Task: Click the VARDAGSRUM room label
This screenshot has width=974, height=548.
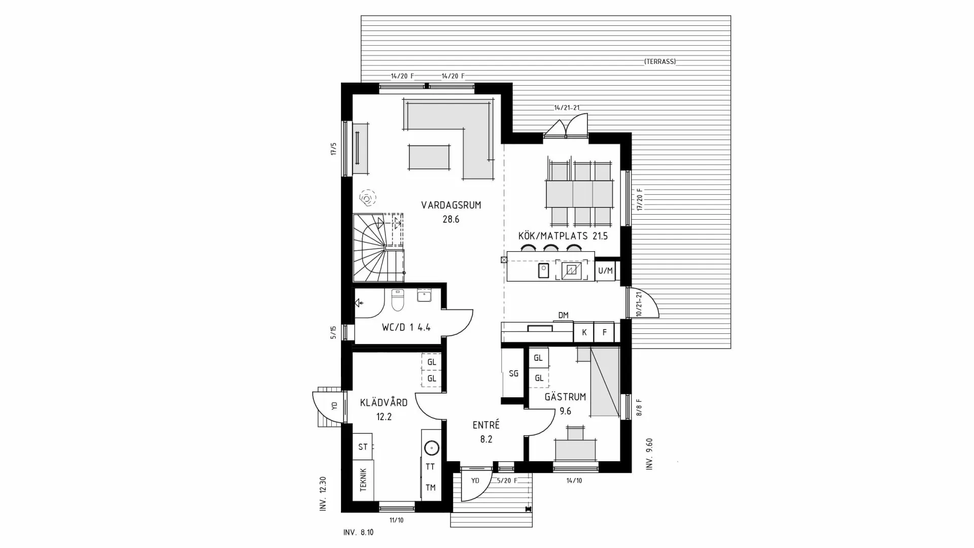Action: click(x=450, y=205)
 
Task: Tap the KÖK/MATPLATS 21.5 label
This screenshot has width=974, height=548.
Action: click(x=563, y=236)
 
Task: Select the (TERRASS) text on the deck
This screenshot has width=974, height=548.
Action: click(x=660, y=61)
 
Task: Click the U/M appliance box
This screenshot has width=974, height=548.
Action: click(x=605, y=271)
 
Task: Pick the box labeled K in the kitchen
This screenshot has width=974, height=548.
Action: click(x=584, y=333)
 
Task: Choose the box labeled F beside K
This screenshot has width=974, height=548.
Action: click(x=604, y=333)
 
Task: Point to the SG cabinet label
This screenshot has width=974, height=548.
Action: click(x=513, y=373)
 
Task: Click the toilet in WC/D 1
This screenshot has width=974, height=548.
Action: click(x=397, y=300)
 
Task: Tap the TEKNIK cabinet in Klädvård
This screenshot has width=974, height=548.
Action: click(x=363, y=479)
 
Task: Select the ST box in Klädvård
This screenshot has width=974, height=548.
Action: click(x=362, y=447)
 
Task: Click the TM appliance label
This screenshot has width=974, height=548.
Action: click(x=430, y=488)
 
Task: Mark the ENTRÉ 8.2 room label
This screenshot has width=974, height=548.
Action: click(x=486, y=432)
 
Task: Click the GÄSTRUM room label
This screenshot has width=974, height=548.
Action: click(x=565, y=397)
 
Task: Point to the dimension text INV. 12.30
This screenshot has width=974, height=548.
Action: click(x=323, y=493)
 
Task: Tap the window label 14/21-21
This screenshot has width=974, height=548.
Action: click(x=567, y=108)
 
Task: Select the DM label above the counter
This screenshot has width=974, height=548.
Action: click(x=563, y=315)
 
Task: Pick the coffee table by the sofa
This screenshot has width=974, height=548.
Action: click(x=429, y=157)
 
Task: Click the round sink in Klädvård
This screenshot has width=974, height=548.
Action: click(x=431, y=448)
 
